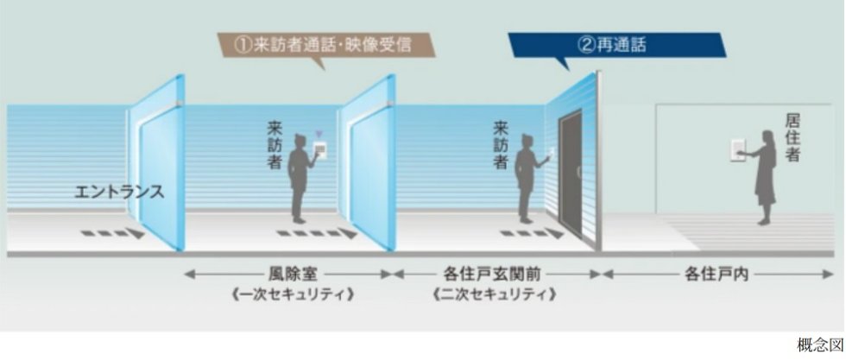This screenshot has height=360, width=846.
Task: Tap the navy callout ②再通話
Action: pos(616,45)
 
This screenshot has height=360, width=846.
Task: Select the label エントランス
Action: pos(119,190)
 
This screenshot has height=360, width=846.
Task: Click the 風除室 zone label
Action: pos(288,275)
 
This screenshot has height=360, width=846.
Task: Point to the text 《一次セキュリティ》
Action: pos(288,294)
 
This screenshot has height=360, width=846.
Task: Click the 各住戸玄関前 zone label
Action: pos(496,275)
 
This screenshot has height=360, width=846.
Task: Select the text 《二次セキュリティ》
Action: pos(496,294)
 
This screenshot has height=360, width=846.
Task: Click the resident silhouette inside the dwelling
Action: pos(764,177)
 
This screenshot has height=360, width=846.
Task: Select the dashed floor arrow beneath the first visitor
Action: pos(318,232)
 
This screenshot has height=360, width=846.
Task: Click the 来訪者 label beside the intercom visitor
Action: pos(275,144)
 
